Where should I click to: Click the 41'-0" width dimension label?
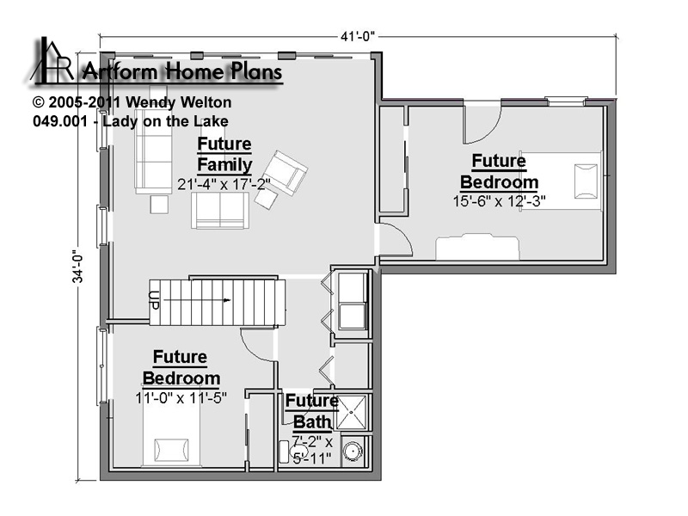click(358, 36)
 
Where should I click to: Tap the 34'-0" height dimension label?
click(77, 267)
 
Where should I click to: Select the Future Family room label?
click(224, 154)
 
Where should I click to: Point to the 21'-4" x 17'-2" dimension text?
click(224, 184)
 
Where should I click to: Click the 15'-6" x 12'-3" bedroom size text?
click(499, 201)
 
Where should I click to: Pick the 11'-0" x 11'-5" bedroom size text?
click(181, 398)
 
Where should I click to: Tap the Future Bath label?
click(311, 411)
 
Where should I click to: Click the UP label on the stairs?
click(154, 300)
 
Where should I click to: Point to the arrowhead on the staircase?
click(227, 300)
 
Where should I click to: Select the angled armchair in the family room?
click(285, 173)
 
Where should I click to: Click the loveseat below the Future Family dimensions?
click(220, 211)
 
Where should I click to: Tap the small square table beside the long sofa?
click(159, 205)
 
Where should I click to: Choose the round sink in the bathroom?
click(352, 451)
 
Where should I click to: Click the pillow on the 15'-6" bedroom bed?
click(586, 181)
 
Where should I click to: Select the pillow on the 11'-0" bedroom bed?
click(171, 450)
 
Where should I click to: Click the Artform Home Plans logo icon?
click(52, 60)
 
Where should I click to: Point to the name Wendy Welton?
click(178, 102)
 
